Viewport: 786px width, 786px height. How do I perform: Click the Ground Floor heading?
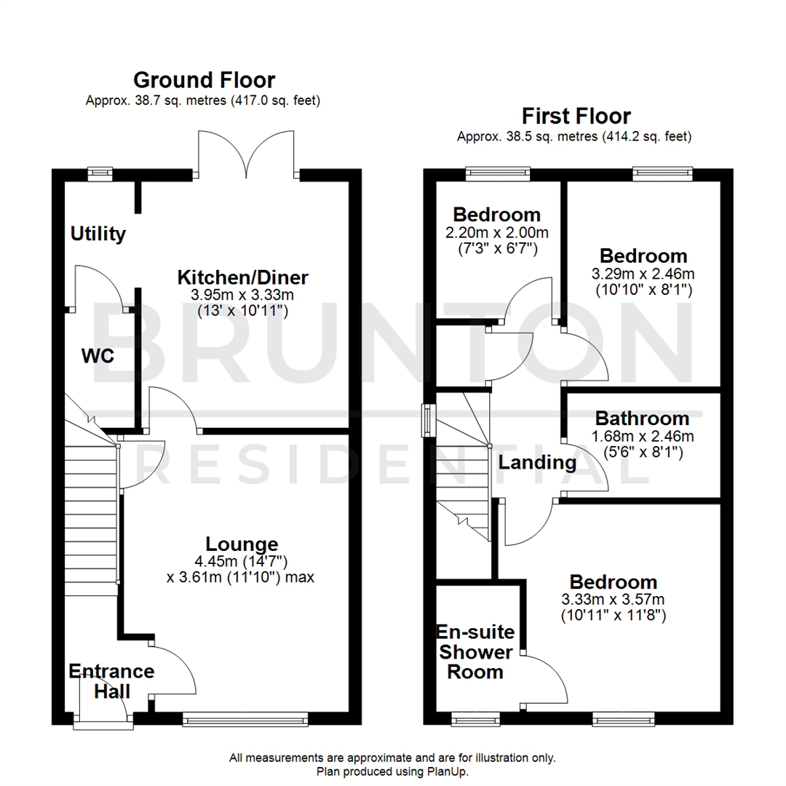click(204, 79)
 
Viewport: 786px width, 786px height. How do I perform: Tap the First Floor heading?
click(576, 116)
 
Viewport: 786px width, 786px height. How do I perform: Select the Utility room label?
click(98, 234)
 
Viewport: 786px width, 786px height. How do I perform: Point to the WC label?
click(98, 357)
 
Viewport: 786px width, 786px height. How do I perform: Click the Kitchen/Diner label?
click(243, 277)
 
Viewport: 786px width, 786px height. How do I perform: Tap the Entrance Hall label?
click(111, 681)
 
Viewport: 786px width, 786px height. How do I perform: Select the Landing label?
click(536, 462)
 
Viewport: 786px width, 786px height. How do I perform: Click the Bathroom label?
click(642, 418)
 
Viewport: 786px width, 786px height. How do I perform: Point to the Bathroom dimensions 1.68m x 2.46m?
click(642, 437)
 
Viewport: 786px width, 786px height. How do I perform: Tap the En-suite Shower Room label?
click(475, 651)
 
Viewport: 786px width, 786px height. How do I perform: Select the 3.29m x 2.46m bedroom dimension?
click(643, 274)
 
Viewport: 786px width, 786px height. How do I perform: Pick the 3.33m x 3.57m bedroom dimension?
click(613, 600)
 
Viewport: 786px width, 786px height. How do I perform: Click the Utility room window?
click(100, 173)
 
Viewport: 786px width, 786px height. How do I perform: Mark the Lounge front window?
click(245, 720)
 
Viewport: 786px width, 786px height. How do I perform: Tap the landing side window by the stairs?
click(429, 420)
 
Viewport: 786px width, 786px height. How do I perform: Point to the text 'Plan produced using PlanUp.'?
click(392, 771)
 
